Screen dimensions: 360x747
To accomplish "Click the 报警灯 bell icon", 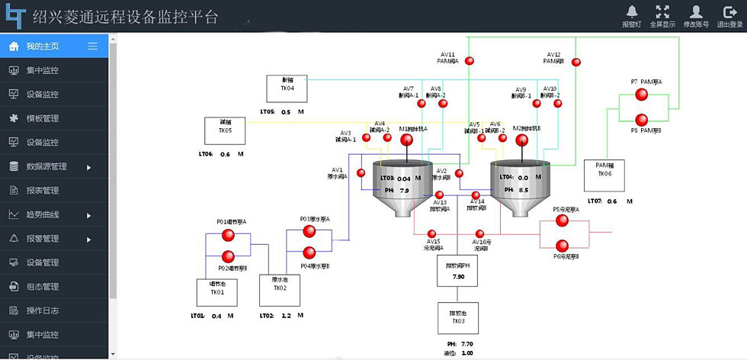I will [x=632, y=11].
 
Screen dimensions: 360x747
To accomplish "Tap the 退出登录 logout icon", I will [x=729, y=11].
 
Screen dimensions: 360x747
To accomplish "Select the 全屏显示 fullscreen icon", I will [x=663, y=11].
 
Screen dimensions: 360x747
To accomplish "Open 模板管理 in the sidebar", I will [x=43, y=118].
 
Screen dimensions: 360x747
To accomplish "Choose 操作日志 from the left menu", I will [x=43, y=310].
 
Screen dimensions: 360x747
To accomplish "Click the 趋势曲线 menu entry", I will [x=43, y=215].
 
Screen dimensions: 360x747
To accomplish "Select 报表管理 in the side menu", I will [x=43, y=191].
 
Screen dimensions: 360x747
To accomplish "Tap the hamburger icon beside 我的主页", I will [x=92, y=47].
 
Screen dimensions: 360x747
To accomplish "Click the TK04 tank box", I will [x=287, y=88].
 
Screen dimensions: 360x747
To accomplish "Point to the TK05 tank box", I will [x=225, y=130].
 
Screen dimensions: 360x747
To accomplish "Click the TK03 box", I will [x=458, y=317].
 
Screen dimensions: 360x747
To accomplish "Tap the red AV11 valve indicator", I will [x=470, y=60].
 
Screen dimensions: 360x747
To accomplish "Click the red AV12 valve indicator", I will [x=576, y=60].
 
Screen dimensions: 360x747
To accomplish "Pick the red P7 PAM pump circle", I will [x=641, y=95].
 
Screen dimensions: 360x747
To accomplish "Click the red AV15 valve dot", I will [x=431, y=234].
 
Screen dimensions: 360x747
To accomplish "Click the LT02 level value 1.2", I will [x=287, y=315].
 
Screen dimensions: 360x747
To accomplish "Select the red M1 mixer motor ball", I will [x=406, y=140].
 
